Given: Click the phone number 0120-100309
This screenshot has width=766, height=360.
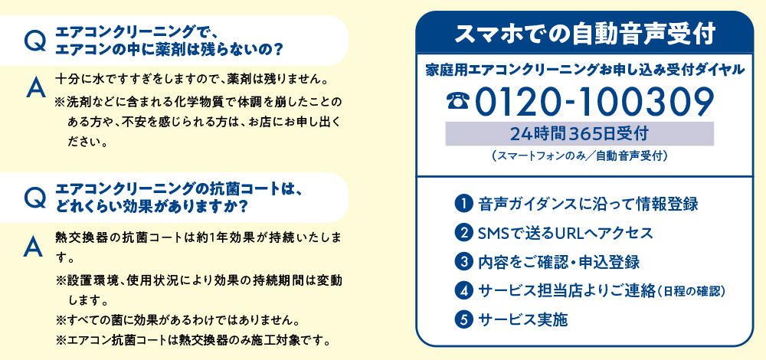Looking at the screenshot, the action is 594,102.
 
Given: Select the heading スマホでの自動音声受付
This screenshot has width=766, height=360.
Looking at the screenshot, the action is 584,33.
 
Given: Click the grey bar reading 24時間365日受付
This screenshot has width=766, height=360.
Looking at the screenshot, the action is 579,133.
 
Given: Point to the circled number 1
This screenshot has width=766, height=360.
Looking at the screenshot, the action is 463,204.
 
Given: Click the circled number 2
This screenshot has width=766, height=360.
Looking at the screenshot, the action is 463,233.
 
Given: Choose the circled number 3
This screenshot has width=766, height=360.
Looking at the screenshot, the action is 463,261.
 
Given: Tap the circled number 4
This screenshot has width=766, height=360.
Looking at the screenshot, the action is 463,290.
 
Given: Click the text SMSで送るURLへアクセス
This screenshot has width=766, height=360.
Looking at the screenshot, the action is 566,233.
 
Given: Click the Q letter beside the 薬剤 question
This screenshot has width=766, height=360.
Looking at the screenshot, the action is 35,41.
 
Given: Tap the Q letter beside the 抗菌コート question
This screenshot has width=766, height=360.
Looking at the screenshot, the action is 35,198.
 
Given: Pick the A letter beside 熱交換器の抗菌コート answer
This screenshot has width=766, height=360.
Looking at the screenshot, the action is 33,247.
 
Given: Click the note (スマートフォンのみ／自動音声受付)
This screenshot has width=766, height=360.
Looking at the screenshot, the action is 579,157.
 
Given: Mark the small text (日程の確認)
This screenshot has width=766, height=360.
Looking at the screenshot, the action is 691,292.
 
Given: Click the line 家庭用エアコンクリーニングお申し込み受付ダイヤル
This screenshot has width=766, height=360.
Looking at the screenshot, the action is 584,70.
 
